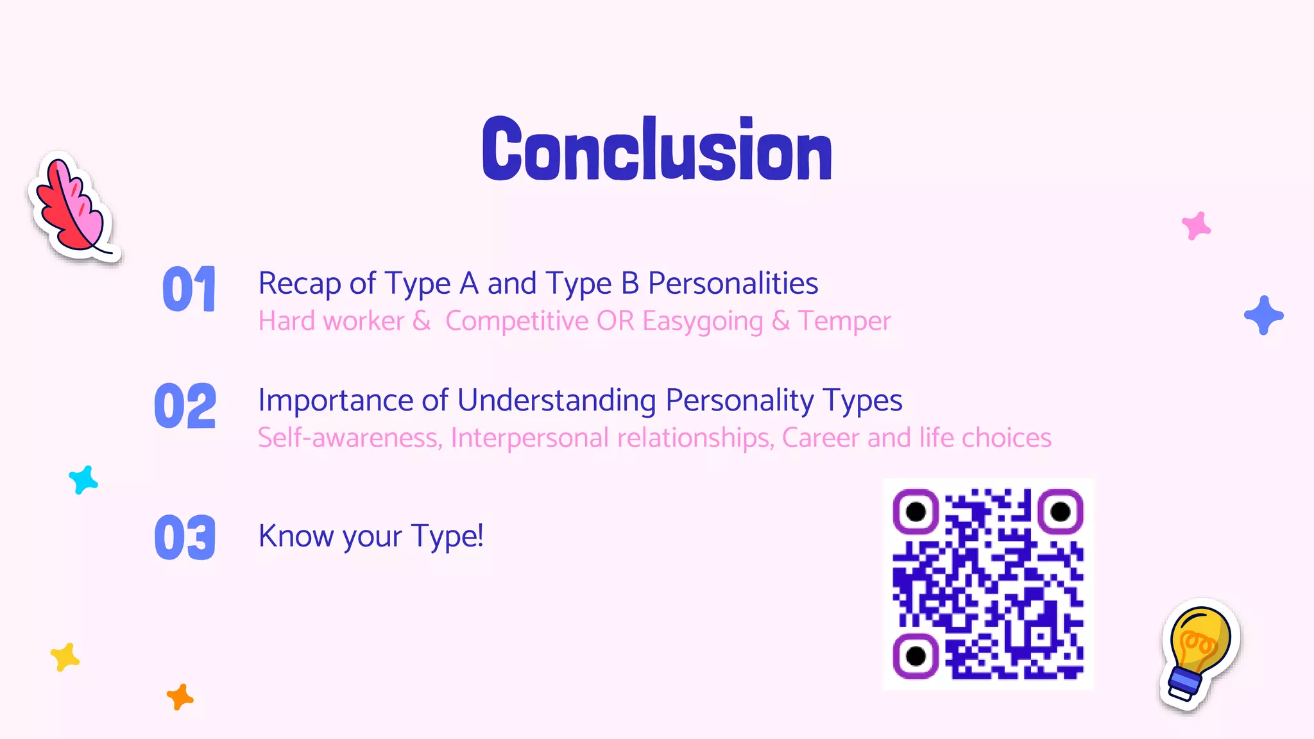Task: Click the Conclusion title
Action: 657,150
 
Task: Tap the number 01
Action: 189,289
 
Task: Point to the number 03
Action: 185,537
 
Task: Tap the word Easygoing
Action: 703,321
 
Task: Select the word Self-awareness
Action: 350,437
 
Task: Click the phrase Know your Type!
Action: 371,536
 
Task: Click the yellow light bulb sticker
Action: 1199,653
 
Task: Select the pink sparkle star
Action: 1196,226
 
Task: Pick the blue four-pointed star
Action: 1263,315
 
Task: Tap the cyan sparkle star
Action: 83,480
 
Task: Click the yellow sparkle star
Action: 65,657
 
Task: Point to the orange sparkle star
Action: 180,697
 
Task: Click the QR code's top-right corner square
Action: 1061,511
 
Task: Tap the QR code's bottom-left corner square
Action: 916,656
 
